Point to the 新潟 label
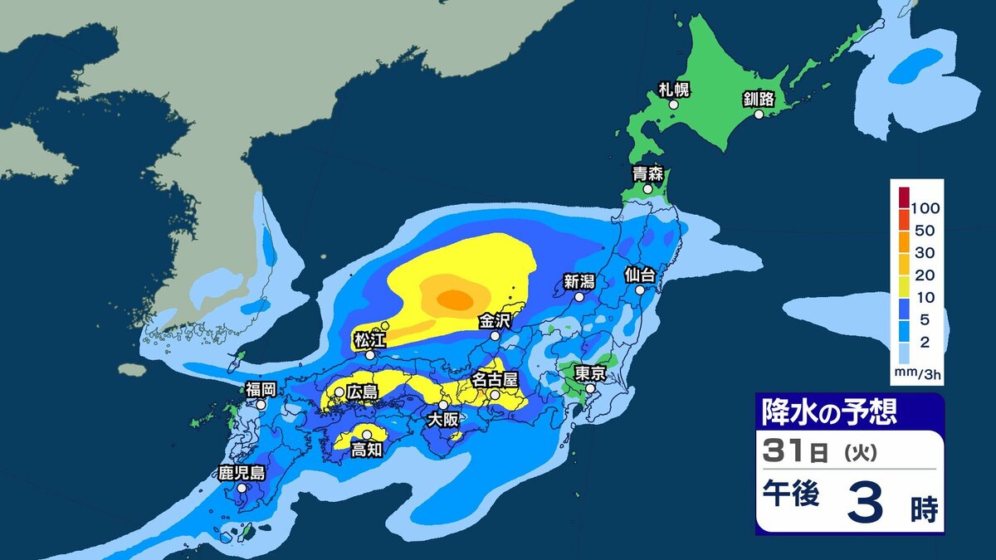tap(579, 280)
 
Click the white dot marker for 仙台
tap(641, 290)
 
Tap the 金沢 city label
tap(495, 320)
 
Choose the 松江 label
tap(369, 338)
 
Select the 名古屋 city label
tap(495, 379)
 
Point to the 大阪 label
tap(443, 420)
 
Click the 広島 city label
tap(362, 390)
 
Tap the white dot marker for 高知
tap(367, 434)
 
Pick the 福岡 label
tap(261, 389)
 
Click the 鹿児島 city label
tap(242, 473)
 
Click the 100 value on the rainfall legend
tap(924, 207)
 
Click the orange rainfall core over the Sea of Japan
tap(454, 298)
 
